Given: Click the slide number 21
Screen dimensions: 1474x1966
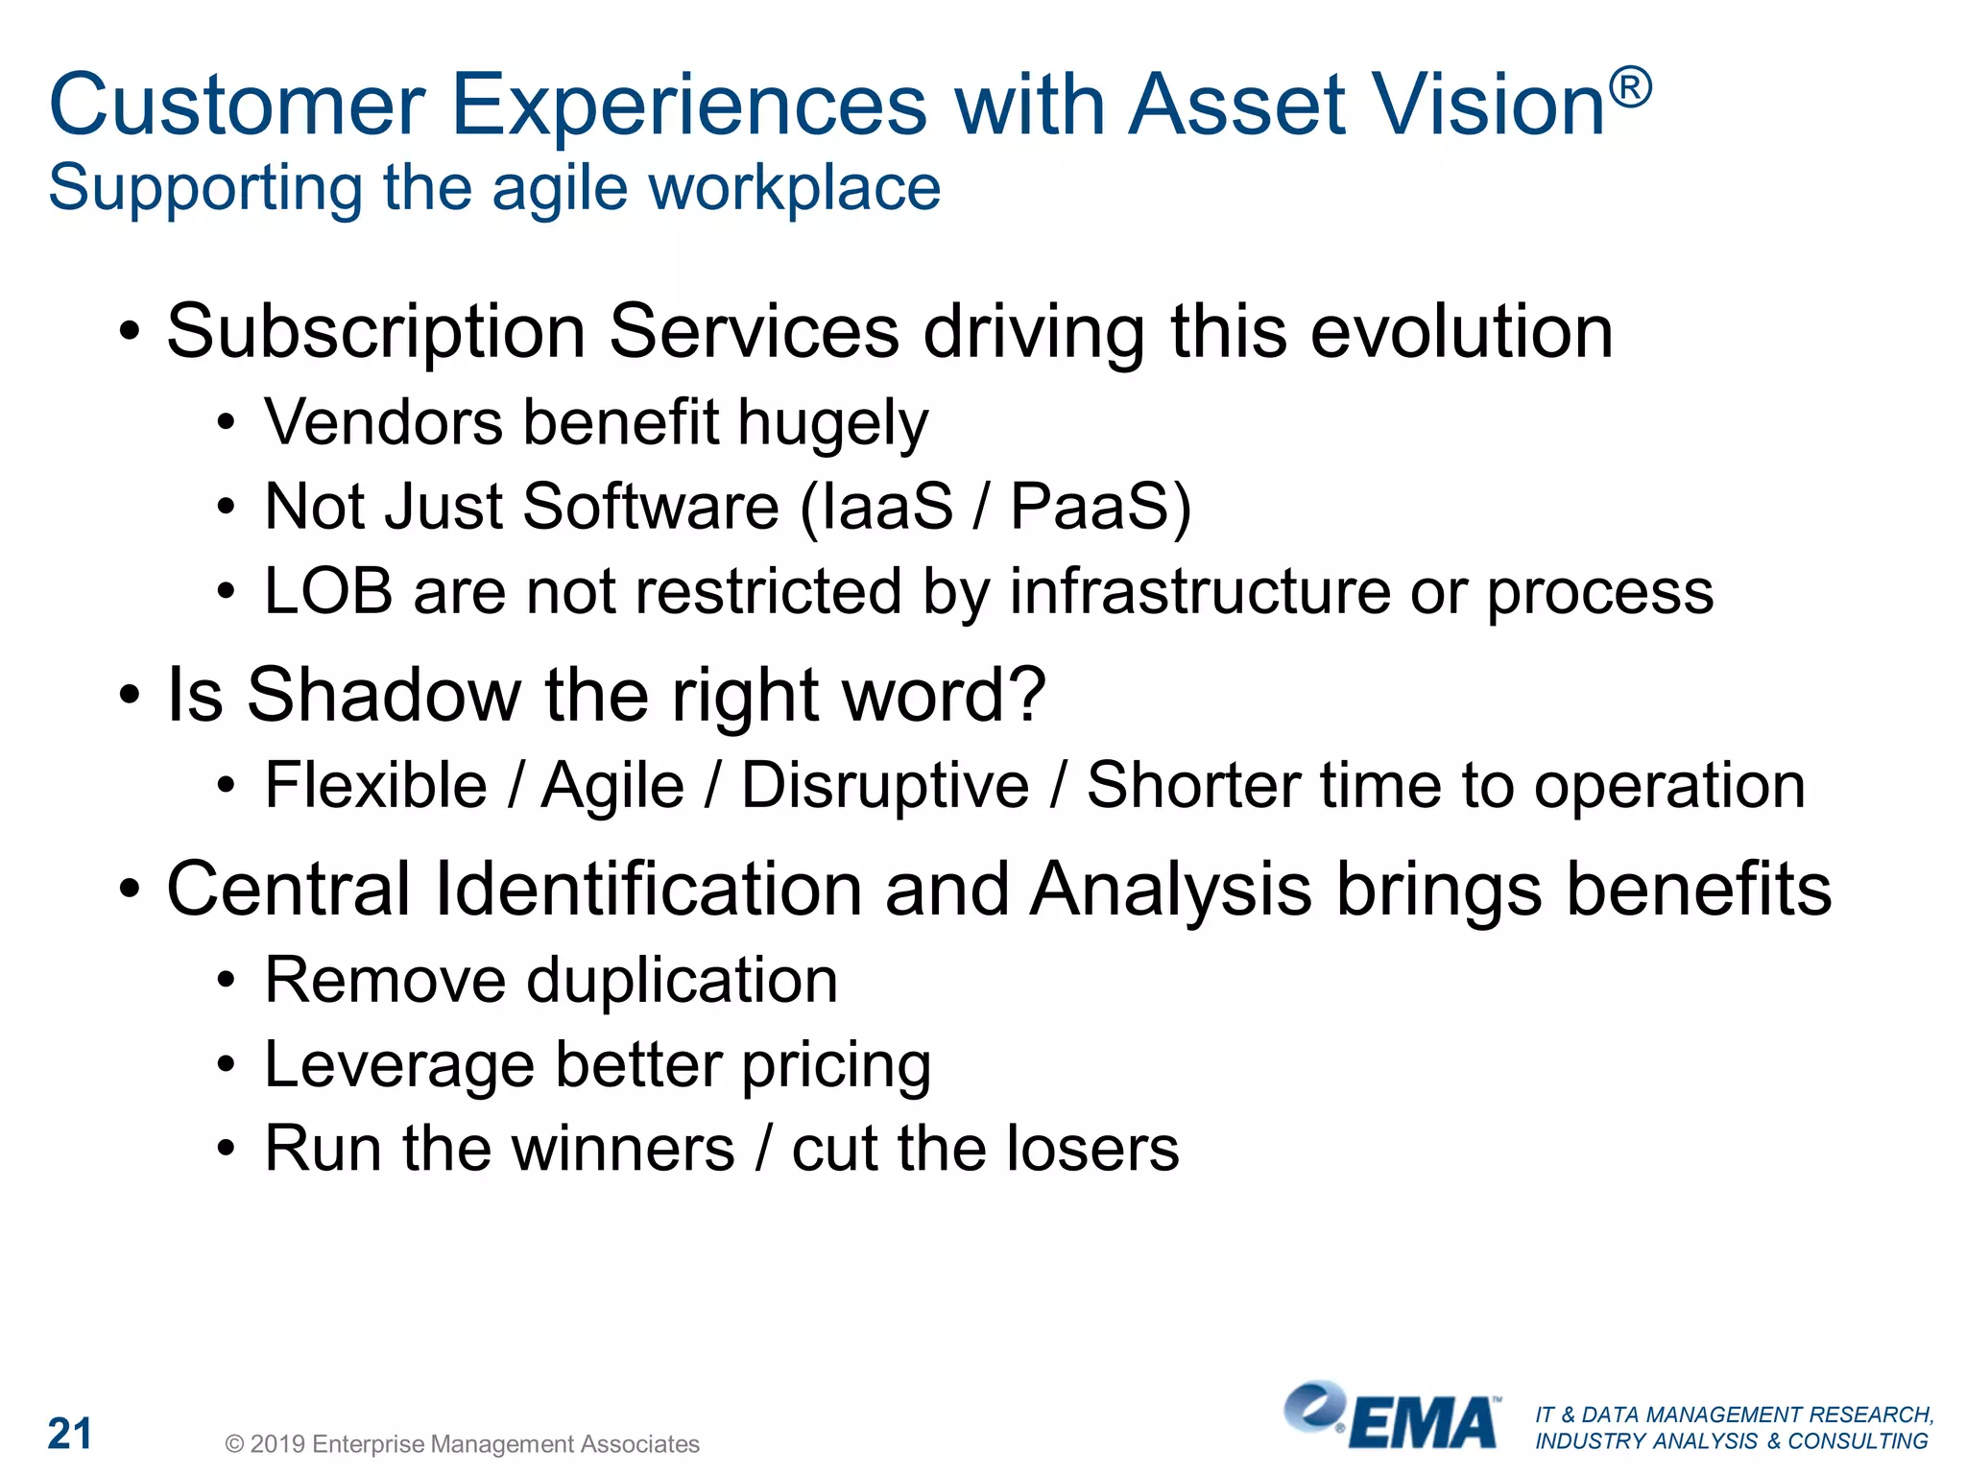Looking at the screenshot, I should point(70,1434).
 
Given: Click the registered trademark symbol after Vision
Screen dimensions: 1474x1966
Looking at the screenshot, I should point(1631,87).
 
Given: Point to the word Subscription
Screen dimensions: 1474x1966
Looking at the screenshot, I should point(375,332).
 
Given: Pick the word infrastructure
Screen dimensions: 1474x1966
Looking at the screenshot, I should point(1199,591).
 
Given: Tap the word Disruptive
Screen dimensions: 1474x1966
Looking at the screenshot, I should point(885,786).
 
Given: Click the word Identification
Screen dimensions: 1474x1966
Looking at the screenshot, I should point(649,890).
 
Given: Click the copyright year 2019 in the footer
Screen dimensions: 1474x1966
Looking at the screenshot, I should point(277,1444).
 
